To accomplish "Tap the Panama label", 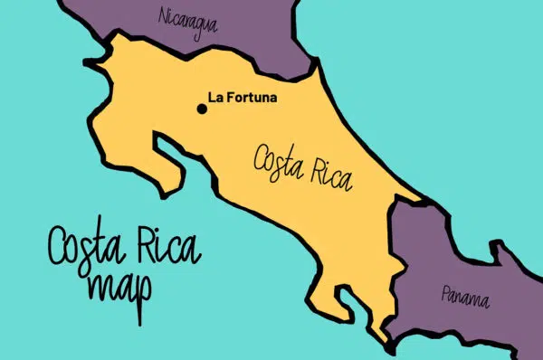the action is [465, 295].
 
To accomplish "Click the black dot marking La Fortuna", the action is [202, 109].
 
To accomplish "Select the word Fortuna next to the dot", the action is [250, 96].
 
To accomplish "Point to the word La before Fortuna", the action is [215, 96].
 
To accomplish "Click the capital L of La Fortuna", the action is [212, 96].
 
